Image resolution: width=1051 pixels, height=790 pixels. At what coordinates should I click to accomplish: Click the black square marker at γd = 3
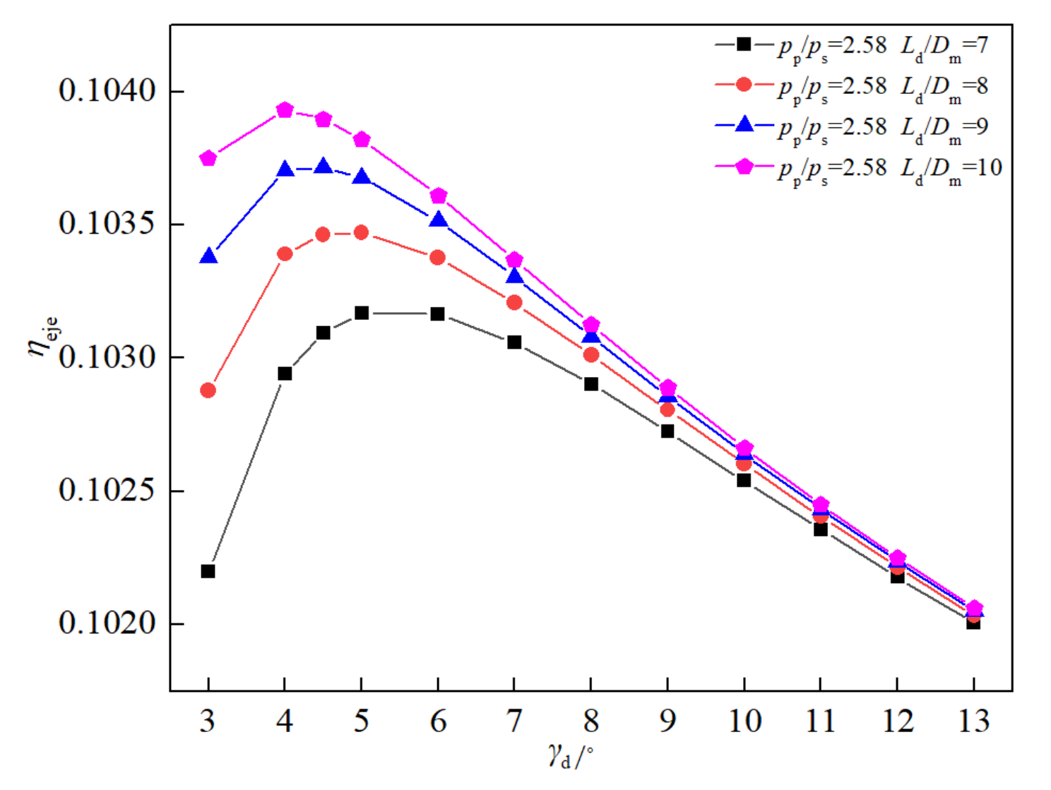[208, 571]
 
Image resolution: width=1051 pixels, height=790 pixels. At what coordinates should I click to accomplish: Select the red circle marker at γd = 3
[208, 390]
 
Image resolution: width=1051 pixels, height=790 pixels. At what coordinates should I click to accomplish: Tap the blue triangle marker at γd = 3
[208, 256]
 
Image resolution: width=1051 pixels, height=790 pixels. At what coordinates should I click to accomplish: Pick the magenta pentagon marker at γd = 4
[285, 110]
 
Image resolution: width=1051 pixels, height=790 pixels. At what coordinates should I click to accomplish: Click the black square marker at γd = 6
[438, 314]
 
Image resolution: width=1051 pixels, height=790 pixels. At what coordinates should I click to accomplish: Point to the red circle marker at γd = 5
[362, 232]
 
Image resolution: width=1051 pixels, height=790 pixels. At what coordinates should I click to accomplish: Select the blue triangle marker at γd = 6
[438, 220]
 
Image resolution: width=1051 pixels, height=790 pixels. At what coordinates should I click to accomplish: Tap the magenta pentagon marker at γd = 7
[514, 261]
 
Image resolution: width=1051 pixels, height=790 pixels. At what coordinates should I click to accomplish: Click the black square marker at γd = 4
[285, 373]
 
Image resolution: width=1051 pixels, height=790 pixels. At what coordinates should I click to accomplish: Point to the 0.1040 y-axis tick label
[107, 91]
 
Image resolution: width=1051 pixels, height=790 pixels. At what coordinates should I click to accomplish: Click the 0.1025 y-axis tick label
[107, 491]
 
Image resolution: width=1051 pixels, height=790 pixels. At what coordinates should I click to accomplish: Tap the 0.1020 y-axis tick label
[107, 623]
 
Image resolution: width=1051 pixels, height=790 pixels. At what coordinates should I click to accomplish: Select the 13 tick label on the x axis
[973, 721]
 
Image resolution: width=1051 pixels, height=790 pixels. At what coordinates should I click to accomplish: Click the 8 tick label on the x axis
[591, 721]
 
